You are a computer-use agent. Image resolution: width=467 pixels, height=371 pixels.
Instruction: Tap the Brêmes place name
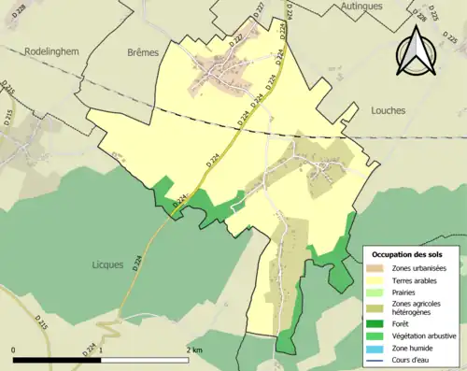[143, 53]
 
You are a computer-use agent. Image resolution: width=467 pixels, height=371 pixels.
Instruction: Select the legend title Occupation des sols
[408, 254]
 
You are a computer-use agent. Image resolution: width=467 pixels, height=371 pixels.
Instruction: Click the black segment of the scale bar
[58, 359]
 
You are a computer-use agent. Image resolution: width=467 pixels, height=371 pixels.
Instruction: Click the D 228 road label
[446, 16]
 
